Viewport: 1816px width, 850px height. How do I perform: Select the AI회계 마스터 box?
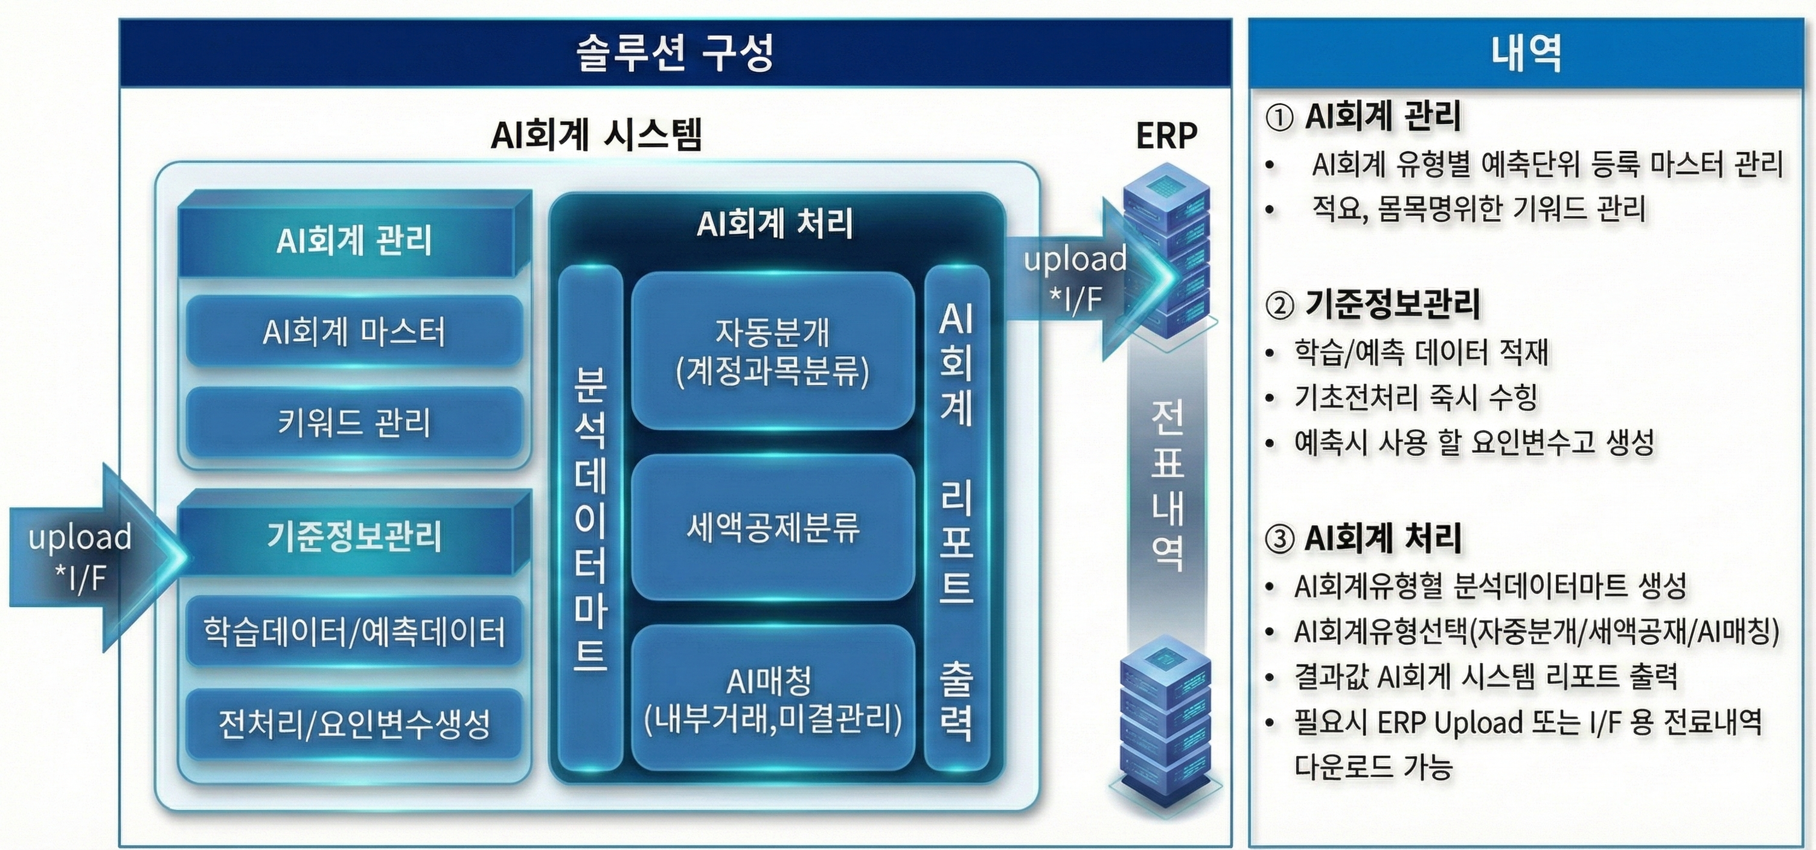click(354, 331)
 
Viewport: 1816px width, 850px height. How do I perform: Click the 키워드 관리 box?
click(354, 423)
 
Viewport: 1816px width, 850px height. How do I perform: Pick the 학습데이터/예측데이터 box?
click(354, 631)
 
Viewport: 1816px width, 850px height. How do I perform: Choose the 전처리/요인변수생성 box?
click(354, 724)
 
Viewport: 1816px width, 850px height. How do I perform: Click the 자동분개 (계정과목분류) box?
click(773, 351)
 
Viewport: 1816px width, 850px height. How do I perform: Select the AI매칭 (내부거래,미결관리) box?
click(773, 698)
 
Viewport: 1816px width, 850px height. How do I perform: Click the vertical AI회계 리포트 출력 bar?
click(956, 518)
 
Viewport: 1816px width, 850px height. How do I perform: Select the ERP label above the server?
click(1166, 135)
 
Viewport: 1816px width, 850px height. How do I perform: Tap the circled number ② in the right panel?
click(1279, 305)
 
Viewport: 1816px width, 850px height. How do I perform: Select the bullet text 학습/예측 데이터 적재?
click(1421, 351)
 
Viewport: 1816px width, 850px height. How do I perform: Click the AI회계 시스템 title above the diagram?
click(596, 135)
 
